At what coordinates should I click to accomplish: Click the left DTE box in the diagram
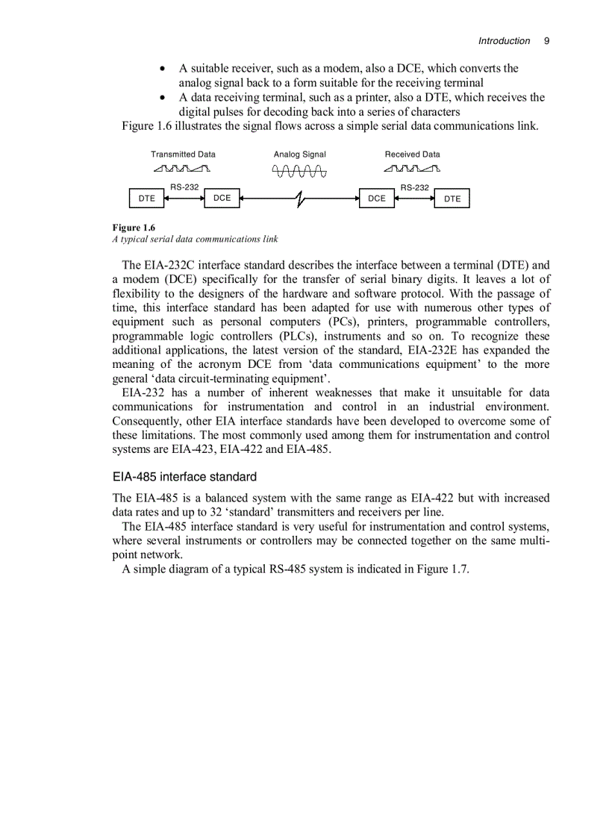147,198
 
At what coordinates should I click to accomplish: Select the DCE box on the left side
222,198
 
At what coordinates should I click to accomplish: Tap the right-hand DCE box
377,198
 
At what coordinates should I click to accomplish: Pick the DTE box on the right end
452,198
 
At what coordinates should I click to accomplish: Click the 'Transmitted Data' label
183,154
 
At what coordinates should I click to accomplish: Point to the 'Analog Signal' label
299,154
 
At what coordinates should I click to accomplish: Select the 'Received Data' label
412,154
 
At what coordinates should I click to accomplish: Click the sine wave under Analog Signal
299,172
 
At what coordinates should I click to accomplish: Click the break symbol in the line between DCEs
299,199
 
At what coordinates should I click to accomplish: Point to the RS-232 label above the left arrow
184,187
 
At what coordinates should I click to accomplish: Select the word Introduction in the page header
504,41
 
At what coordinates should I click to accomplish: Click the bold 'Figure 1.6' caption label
134,227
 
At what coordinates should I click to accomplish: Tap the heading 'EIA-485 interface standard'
184,477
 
